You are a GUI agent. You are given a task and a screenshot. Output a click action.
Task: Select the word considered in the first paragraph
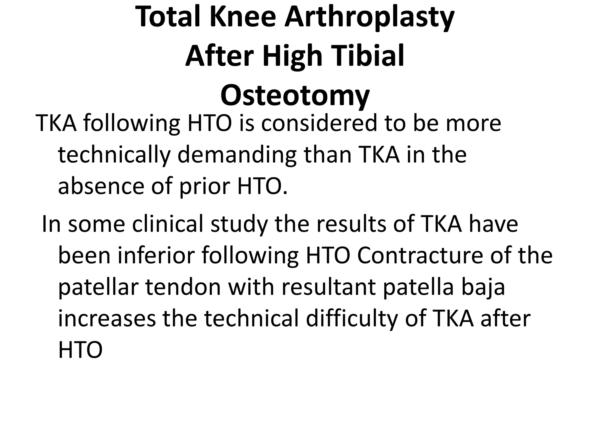pos(319,123)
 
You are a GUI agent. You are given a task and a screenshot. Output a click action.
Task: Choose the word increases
pos(107,319)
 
